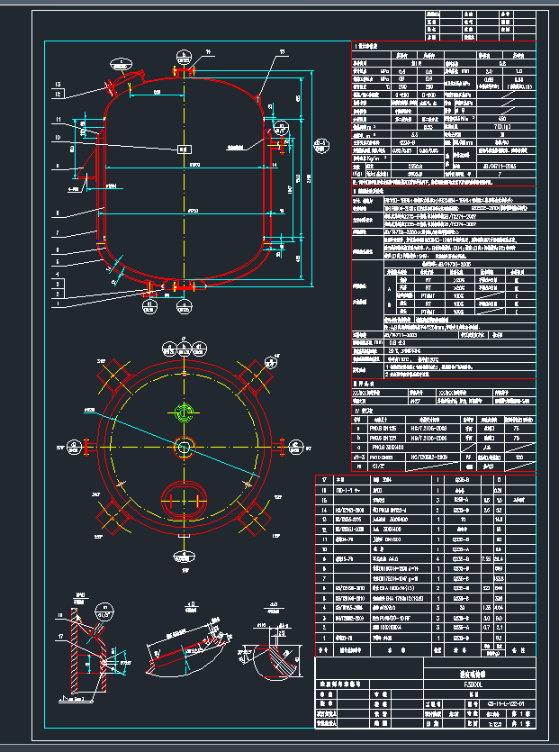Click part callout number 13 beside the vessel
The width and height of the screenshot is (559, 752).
click(x=58, y=84)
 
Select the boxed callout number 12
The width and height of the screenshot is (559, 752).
click(x=58, y=93)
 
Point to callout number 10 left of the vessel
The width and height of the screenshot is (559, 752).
click(x=58, y=137)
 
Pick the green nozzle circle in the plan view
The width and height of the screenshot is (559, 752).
click(x=185, y=412)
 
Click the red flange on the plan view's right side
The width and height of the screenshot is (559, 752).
click(x=275, y=447)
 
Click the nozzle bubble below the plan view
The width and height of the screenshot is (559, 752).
click(x=185, y=560)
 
